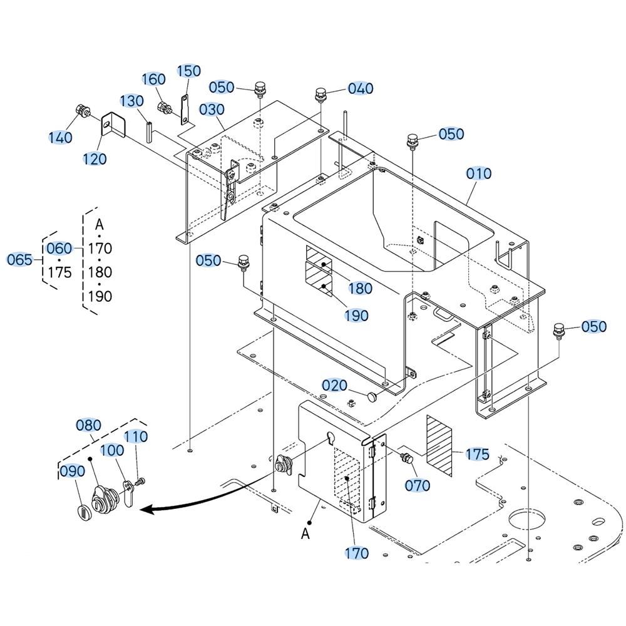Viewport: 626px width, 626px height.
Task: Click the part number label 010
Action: tap(479, 173)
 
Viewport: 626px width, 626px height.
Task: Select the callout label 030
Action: tap(212, 110)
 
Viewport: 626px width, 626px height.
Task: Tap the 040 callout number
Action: tap(361, 88)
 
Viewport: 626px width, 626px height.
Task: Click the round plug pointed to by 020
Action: tap(372, 396)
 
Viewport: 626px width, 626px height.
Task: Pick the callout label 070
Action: tap(418, 486)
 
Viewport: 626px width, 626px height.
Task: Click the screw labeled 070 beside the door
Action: tap(406, 458)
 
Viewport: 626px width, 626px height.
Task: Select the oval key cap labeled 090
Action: tap(82, 511)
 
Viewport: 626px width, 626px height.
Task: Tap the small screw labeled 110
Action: tap(140, 482)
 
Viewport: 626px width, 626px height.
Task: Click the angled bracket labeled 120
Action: tap(113, 125)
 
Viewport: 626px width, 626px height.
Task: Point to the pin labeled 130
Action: tap(150, 131)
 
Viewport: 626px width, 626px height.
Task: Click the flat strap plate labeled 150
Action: tap(185, 108)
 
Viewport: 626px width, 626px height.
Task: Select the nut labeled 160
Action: tap(164, 107)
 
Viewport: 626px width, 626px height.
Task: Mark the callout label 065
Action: tap(19, 260)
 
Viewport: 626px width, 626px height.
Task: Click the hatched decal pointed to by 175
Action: tap(439, 446)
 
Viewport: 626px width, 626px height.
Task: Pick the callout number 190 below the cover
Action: tap(357, 316)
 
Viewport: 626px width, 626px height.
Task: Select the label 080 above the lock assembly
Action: tap(89, 426)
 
